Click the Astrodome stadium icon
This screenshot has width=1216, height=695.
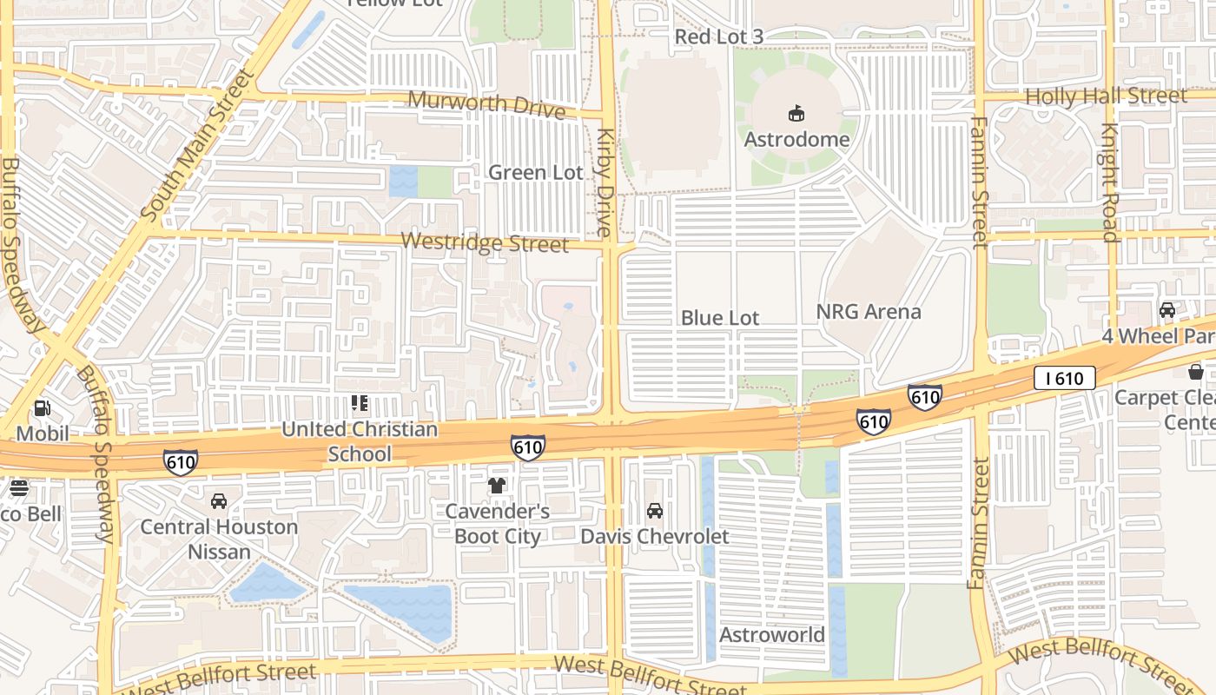(796, 113)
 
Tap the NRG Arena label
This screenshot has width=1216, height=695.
(869, 312)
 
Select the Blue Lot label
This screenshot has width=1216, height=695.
(719, 318)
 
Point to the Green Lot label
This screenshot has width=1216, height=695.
(535, 173)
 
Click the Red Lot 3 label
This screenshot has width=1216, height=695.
(719, 36)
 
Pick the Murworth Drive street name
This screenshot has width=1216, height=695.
(486, 103)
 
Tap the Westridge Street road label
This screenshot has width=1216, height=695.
(486, 243)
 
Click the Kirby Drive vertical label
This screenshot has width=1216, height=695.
(605, 182)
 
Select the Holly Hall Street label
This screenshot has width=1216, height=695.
(1106, 96)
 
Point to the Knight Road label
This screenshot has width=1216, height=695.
(1109, 182)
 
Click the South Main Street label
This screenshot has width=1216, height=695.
(199, 143)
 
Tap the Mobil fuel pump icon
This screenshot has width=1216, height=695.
(42, 407)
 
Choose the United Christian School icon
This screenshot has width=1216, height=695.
(359, 403)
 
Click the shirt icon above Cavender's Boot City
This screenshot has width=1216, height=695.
(497, 486)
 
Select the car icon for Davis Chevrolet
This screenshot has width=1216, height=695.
(655, 511)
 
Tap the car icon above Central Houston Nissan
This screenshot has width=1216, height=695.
(219, 501)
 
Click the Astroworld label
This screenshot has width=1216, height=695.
(771, 635)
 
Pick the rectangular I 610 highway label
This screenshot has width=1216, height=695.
(1064, 378)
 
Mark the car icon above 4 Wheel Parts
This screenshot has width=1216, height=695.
(1167, 310)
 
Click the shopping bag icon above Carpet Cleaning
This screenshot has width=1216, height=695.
(1196, 372)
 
